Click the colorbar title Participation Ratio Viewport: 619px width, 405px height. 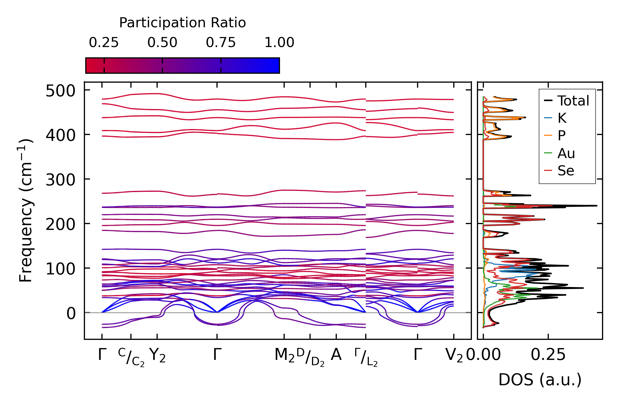tap(182, 23)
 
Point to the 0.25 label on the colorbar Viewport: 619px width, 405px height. tap(104, 43)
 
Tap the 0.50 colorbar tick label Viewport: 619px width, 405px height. tap(162, 43)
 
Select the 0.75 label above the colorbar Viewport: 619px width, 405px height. tap(221, 43)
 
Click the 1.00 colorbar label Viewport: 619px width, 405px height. tap(279, 43)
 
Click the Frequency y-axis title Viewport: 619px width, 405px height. tap(26, 210)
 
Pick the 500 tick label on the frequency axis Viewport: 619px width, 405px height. tap(60, 91)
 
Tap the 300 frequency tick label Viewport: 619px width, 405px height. tap(60, 180)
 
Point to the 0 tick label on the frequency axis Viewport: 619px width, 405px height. tap(71, 314)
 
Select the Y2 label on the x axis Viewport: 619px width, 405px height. tap(157, 355)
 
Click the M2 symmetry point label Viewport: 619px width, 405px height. tap(284, 355)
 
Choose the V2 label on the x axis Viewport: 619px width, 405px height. tap(454, 355)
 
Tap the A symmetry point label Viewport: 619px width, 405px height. tap(336, 355)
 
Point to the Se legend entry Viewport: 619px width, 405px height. tap(566, 171)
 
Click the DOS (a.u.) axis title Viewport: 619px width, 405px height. tap(540, 380)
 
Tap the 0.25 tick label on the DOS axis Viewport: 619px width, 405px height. tap(548, 355)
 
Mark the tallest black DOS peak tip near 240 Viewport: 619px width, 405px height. tap(596, 206)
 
